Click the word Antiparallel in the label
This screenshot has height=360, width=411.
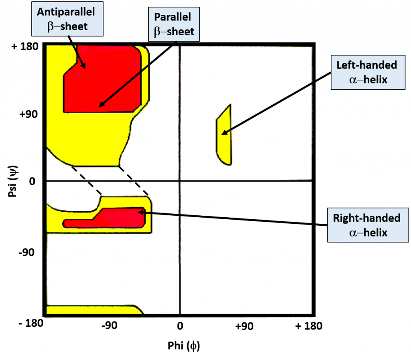click(x=66, y=12)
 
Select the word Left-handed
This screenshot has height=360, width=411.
click(x=366, y=65)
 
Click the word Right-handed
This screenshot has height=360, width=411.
click(x=366, y=218)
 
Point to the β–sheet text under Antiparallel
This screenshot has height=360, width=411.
click(x=67, y=26)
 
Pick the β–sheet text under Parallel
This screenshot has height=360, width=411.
click(x=174, y=32)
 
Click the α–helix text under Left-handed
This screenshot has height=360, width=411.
click(x=368, y=79)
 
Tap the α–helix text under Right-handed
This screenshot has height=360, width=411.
click(x=368, y=232)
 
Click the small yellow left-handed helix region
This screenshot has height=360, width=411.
click(x=224, y=136)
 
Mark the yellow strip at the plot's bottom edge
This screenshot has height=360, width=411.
click(x=92, y=309)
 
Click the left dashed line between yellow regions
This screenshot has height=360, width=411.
click(x=86, y=181)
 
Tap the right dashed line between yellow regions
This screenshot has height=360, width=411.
click(x=134, y=181)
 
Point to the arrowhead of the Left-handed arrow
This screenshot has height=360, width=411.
click(x=222, y=133)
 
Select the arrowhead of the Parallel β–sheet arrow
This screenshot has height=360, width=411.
click(x=100, y=106)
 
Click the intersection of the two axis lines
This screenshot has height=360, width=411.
click(x=179, y=181)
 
